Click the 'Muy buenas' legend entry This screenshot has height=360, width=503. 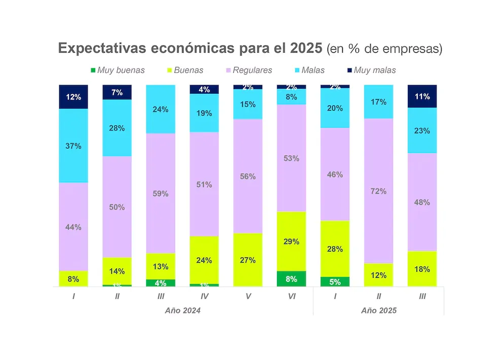click(x=118, y=70)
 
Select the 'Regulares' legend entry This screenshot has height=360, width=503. click(x=248, y=70)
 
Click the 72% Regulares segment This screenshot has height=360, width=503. click(x=379, y=191)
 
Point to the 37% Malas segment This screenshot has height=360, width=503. click(x=74, y=146)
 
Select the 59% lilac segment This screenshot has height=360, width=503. click(x=161, y=193)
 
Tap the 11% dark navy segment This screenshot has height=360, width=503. click(x=422, y=96)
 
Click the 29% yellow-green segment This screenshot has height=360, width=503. click(x=292, y=241)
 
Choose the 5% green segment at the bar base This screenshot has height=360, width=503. click(x=335, y=282)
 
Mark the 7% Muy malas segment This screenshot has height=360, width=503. click(x=117, y=92)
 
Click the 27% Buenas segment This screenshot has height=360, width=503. click(x=248, y=260)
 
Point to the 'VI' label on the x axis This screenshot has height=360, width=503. click(x=292, y=296)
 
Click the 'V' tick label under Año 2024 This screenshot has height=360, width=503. click(x=248, y=296)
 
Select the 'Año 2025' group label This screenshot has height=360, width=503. click(x=379, y=310)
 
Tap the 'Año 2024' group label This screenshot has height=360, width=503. click(x=183, y=310)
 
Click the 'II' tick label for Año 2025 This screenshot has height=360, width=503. click(x=379, y=296)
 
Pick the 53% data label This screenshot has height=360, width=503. click(x=292, y=158)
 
